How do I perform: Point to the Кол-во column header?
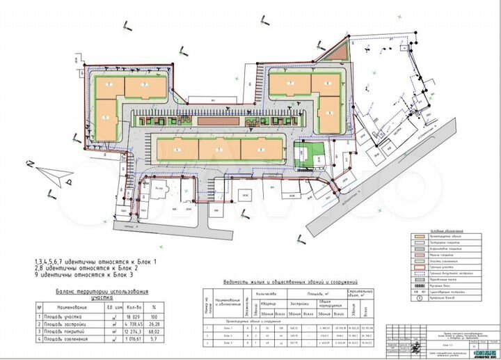tap(124, 306)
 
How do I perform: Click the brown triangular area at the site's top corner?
tap(336, 56)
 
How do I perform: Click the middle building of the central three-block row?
tap(219, 149)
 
